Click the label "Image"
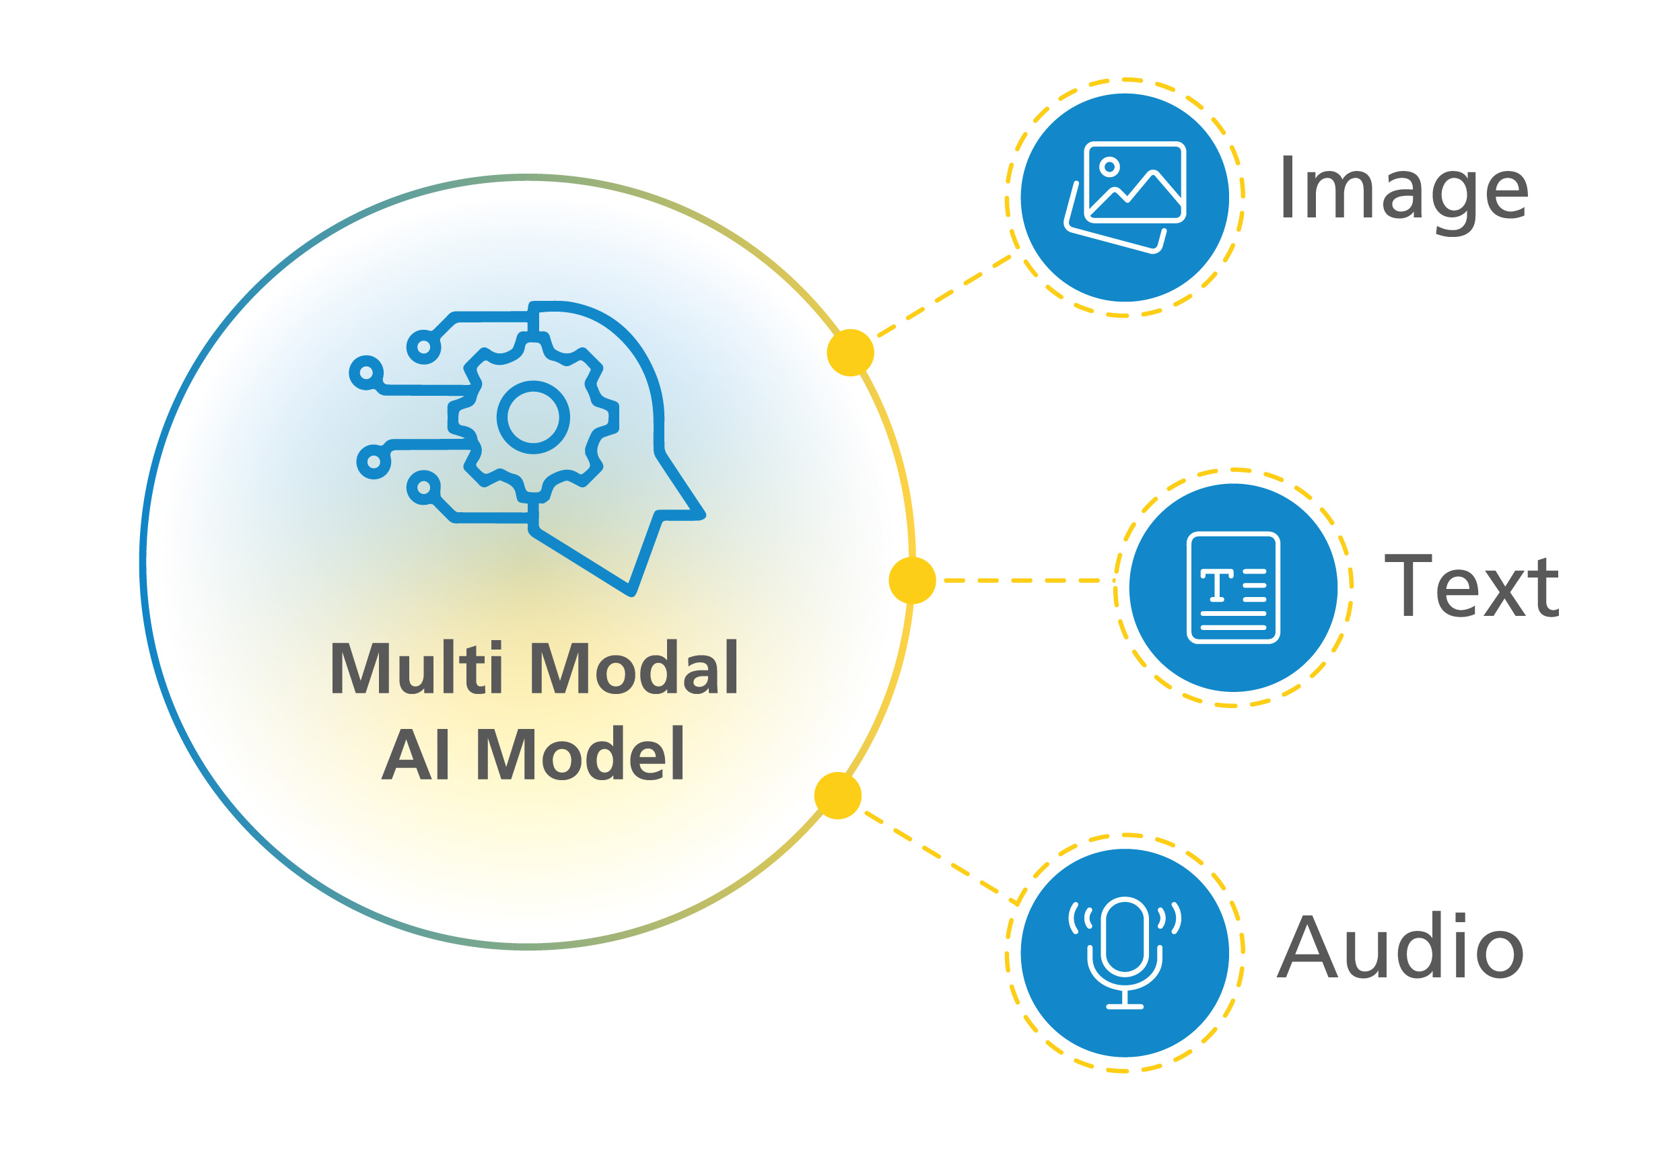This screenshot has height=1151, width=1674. tap(1403, 189)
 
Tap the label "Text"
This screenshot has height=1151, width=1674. tap(1471, 586)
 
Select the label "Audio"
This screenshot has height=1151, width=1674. tap(1400, 946)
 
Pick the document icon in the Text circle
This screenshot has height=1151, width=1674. tap(1232, 587)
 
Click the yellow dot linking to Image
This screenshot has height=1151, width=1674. tap(850, 353)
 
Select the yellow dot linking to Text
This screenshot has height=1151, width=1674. tap(911, 580)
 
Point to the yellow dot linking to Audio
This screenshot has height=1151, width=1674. tap(837, 796)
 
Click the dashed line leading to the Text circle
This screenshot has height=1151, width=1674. tap(1020, 580)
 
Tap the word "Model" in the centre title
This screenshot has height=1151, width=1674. tap(581, 755)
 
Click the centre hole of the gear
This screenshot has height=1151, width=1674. tap(533, 417)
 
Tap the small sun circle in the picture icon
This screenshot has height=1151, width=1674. tap(1109, 168)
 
